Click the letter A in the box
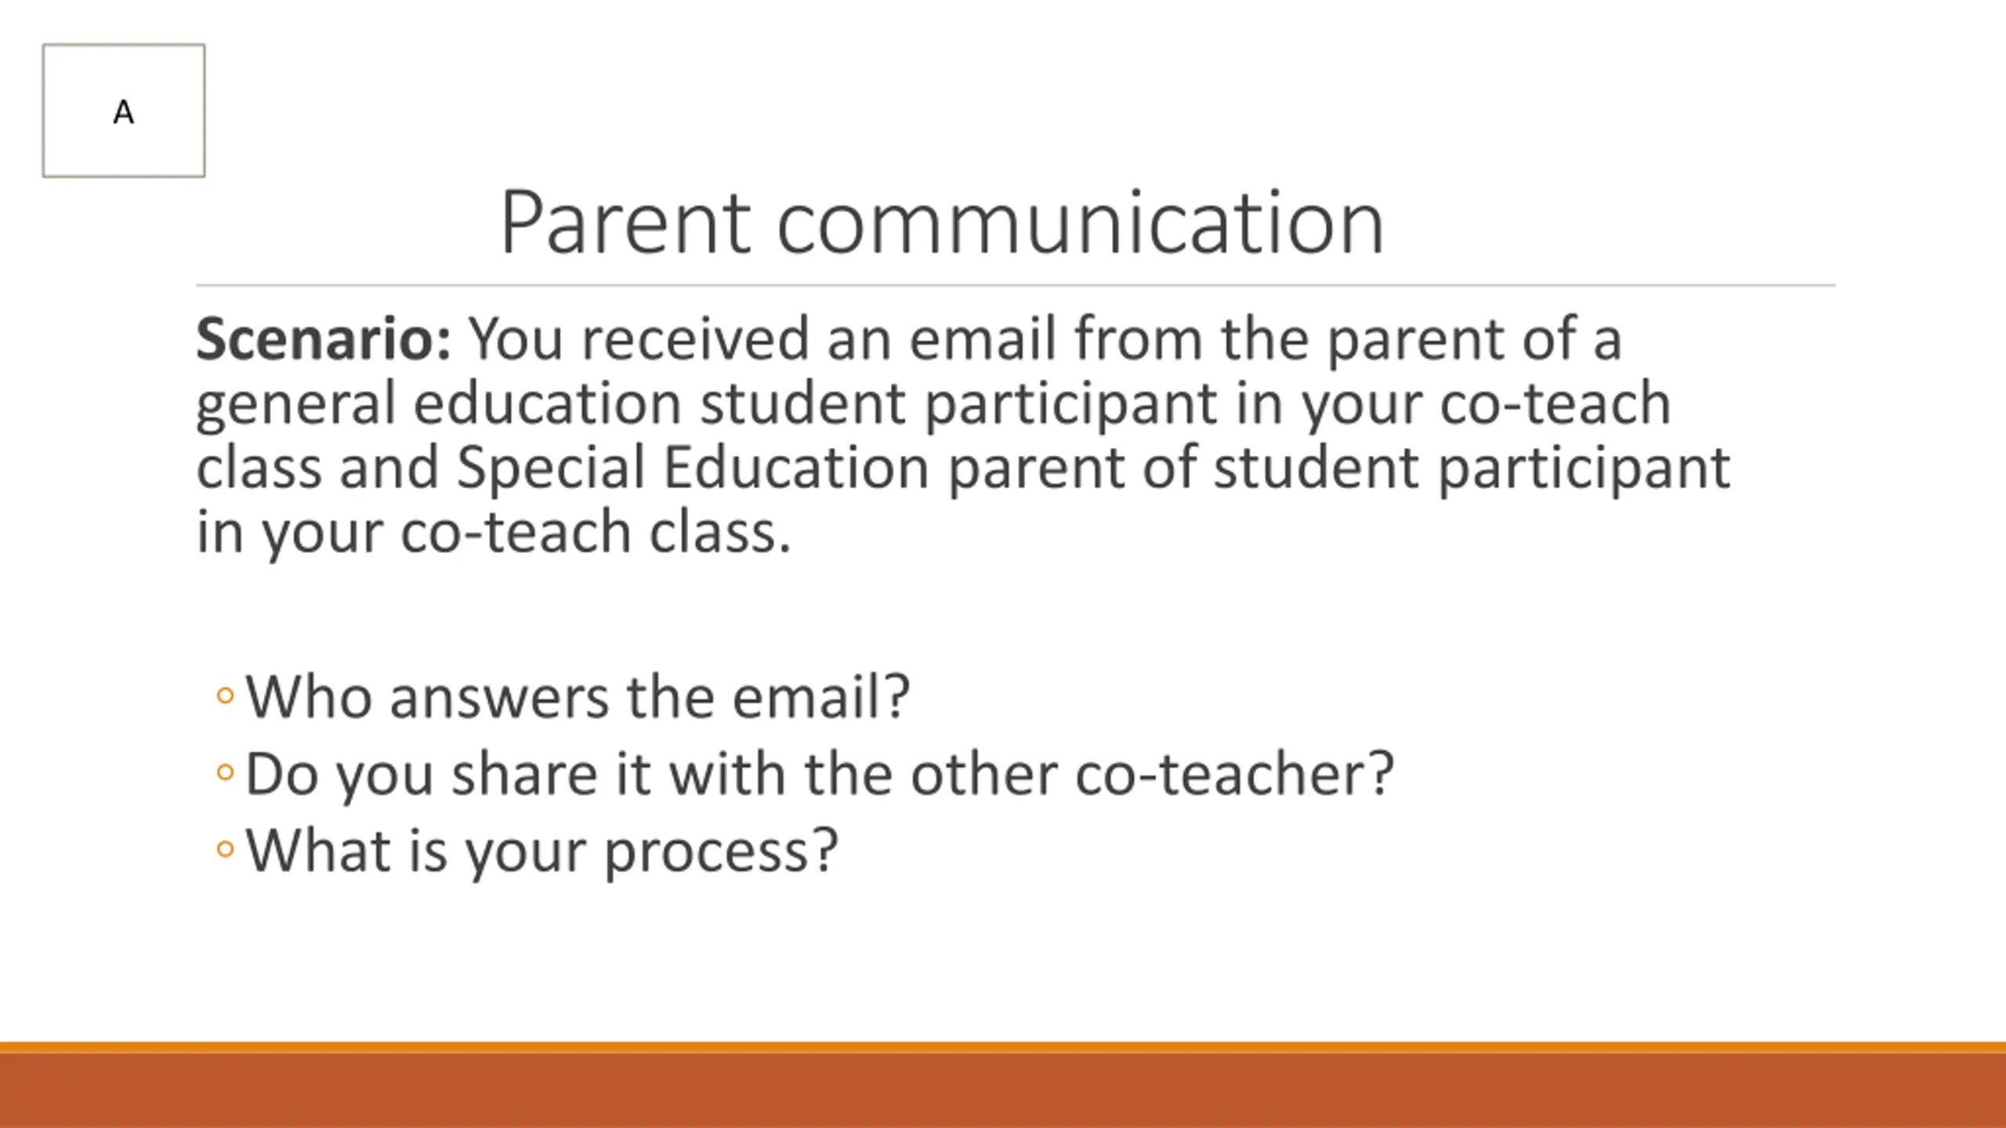(124, 113)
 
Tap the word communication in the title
(1081, 222)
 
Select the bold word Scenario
(324, 339)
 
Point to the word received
(695, 339)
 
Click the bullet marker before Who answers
(225, 696)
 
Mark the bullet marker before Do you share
(225, 772)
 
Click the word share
(524, 773)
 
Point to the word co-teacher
(1235, 773)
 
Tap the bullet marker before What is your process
(225, 849)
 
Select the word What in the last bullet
(318, 850)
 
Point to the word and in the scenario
(389, 468)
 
